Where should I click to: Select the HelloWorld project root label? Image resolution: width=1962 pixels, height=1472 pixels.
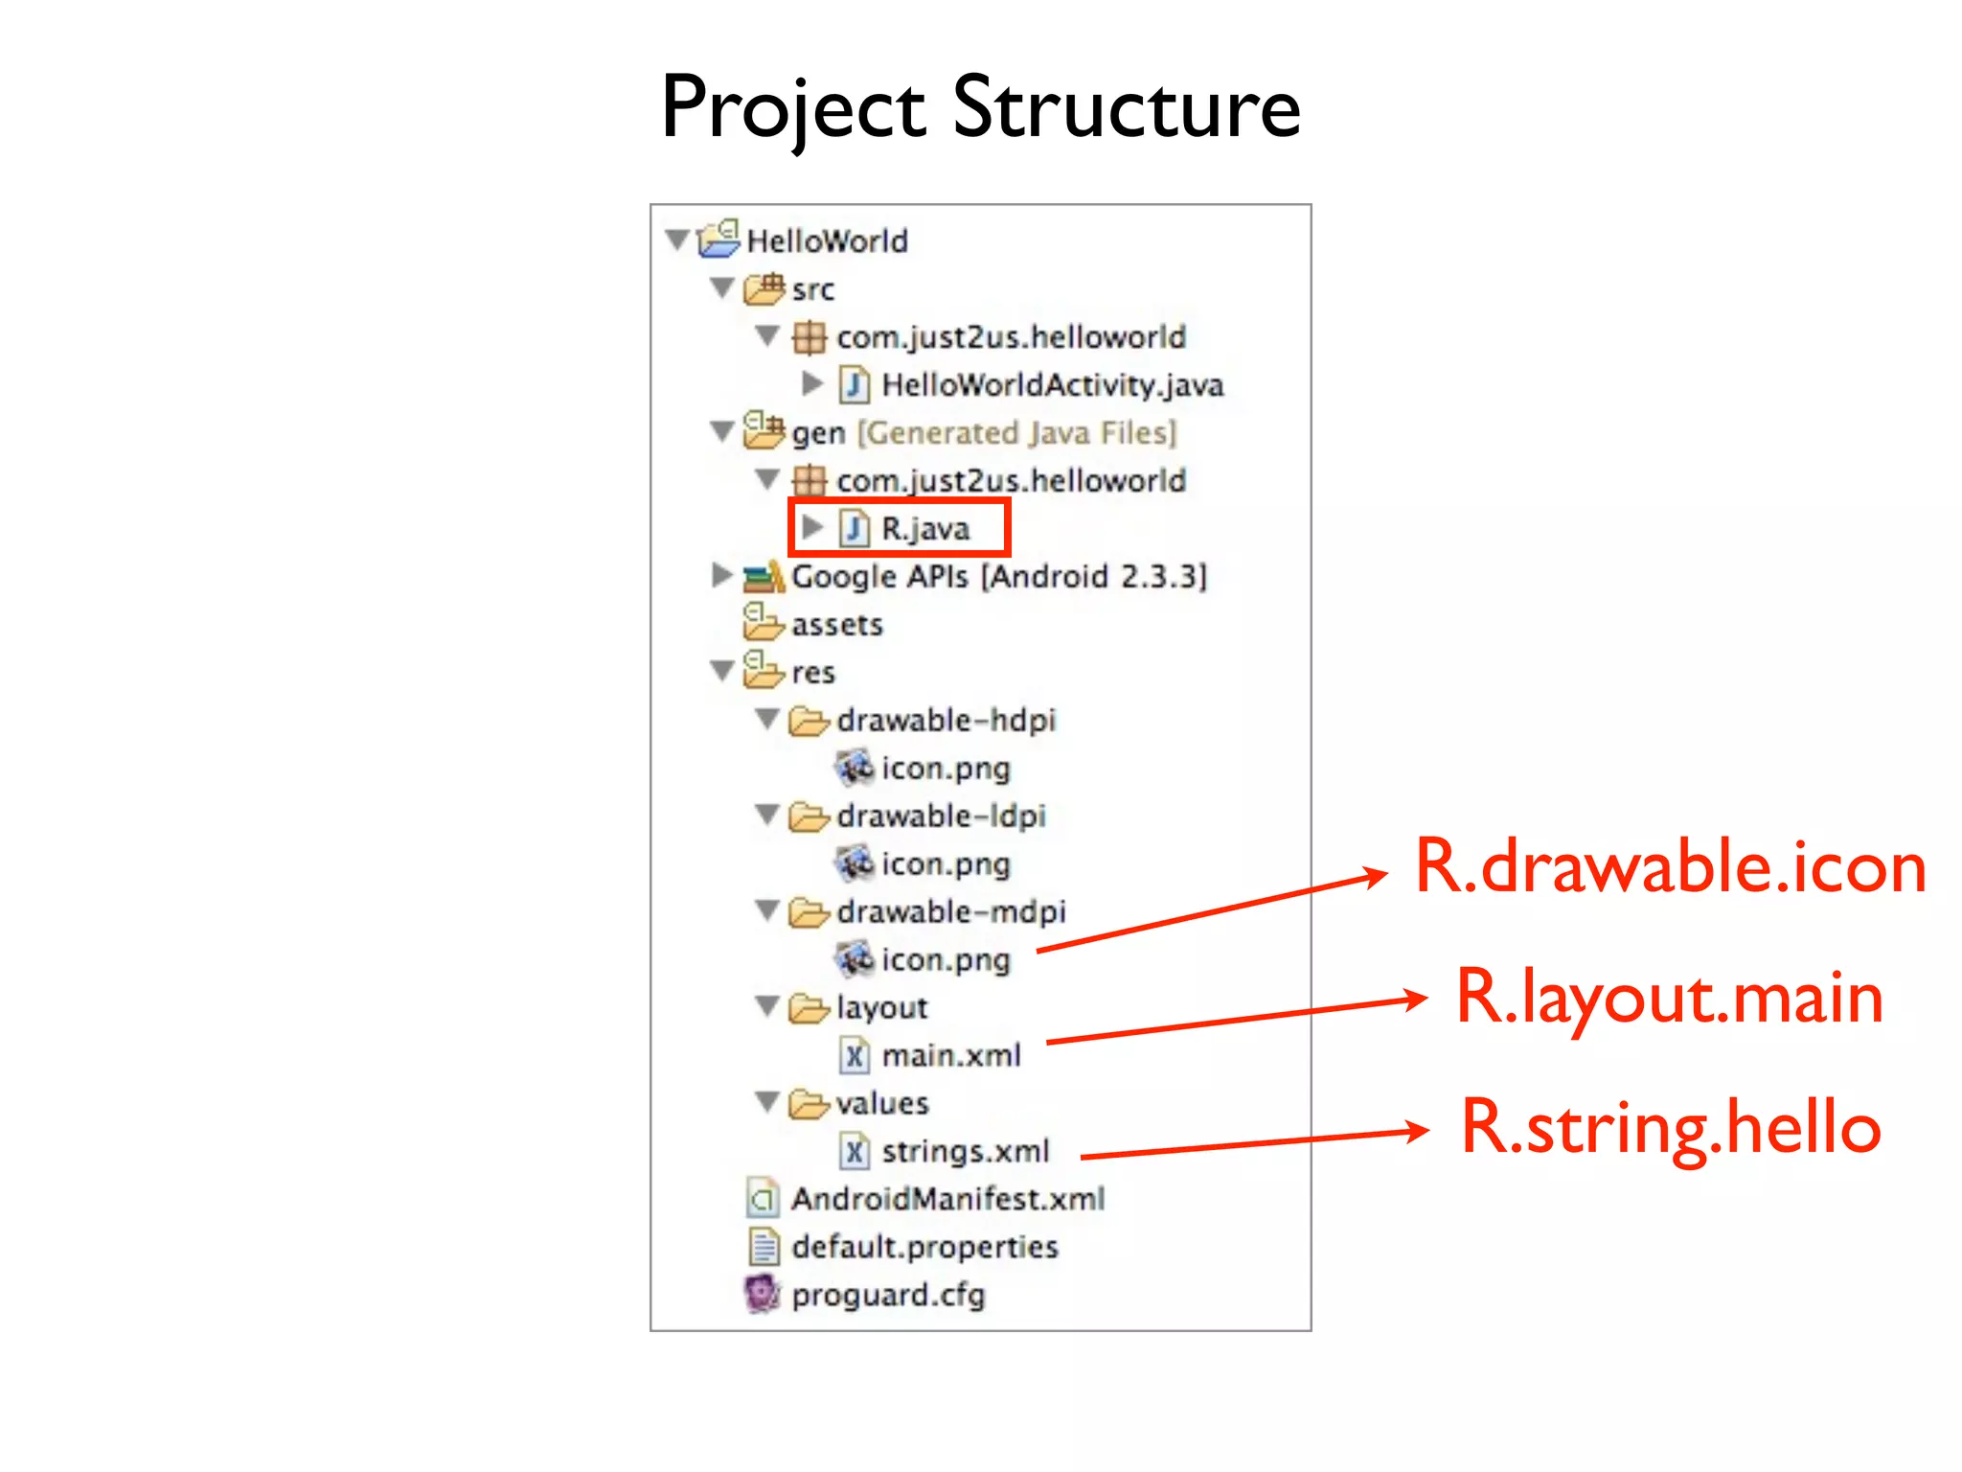click(827, 241)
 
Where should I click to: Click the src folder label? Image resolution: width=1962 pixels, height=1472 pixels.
click(812, 288)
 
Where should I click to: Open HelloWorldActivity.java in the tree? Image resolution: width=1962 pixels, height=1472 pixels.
click(1052, 384)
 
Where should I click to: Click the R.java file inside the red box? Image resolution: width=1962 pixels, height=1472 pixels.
click(924, 528)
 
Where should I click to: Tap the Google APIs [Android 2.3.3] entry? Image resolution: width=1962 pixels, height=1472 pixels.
click(998, 576)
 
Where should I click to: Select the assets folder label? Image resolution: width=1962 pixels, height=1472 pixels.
click(836, 625)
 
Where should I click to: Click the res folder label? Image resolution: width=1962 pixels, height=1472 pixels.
click(812, 673)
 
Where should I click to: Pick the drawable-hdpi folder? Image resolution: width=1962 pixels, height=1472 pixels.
click(946, 720)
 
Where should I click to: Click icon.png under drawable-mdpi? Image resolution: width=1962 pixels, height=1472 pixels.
click(946, 959)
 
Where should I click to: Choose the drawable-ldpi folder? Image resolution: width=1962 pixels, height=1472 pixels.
click(941, 816)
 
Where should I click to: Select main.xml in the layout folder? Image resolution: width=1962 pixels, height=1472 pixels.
click(950, 1055)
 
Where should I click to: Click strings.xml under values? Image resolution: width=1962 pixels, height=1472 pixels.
click(965, 1151)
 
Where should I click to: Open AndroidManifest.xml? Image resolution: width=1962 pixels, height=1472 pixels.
click(947, 1199)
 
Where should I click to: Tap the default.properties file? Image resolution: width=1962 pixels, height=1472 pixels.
click(924, 1247)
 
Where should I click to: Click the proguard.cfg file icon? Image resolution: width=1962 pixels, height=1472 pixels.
click(763, 1294)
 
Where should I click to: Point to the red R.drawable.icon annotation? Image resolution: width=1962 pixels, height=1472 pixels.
click(1670, 866)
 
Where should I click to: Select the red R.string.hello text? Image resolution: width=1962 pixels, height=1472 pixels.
click(1670, 1128)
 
